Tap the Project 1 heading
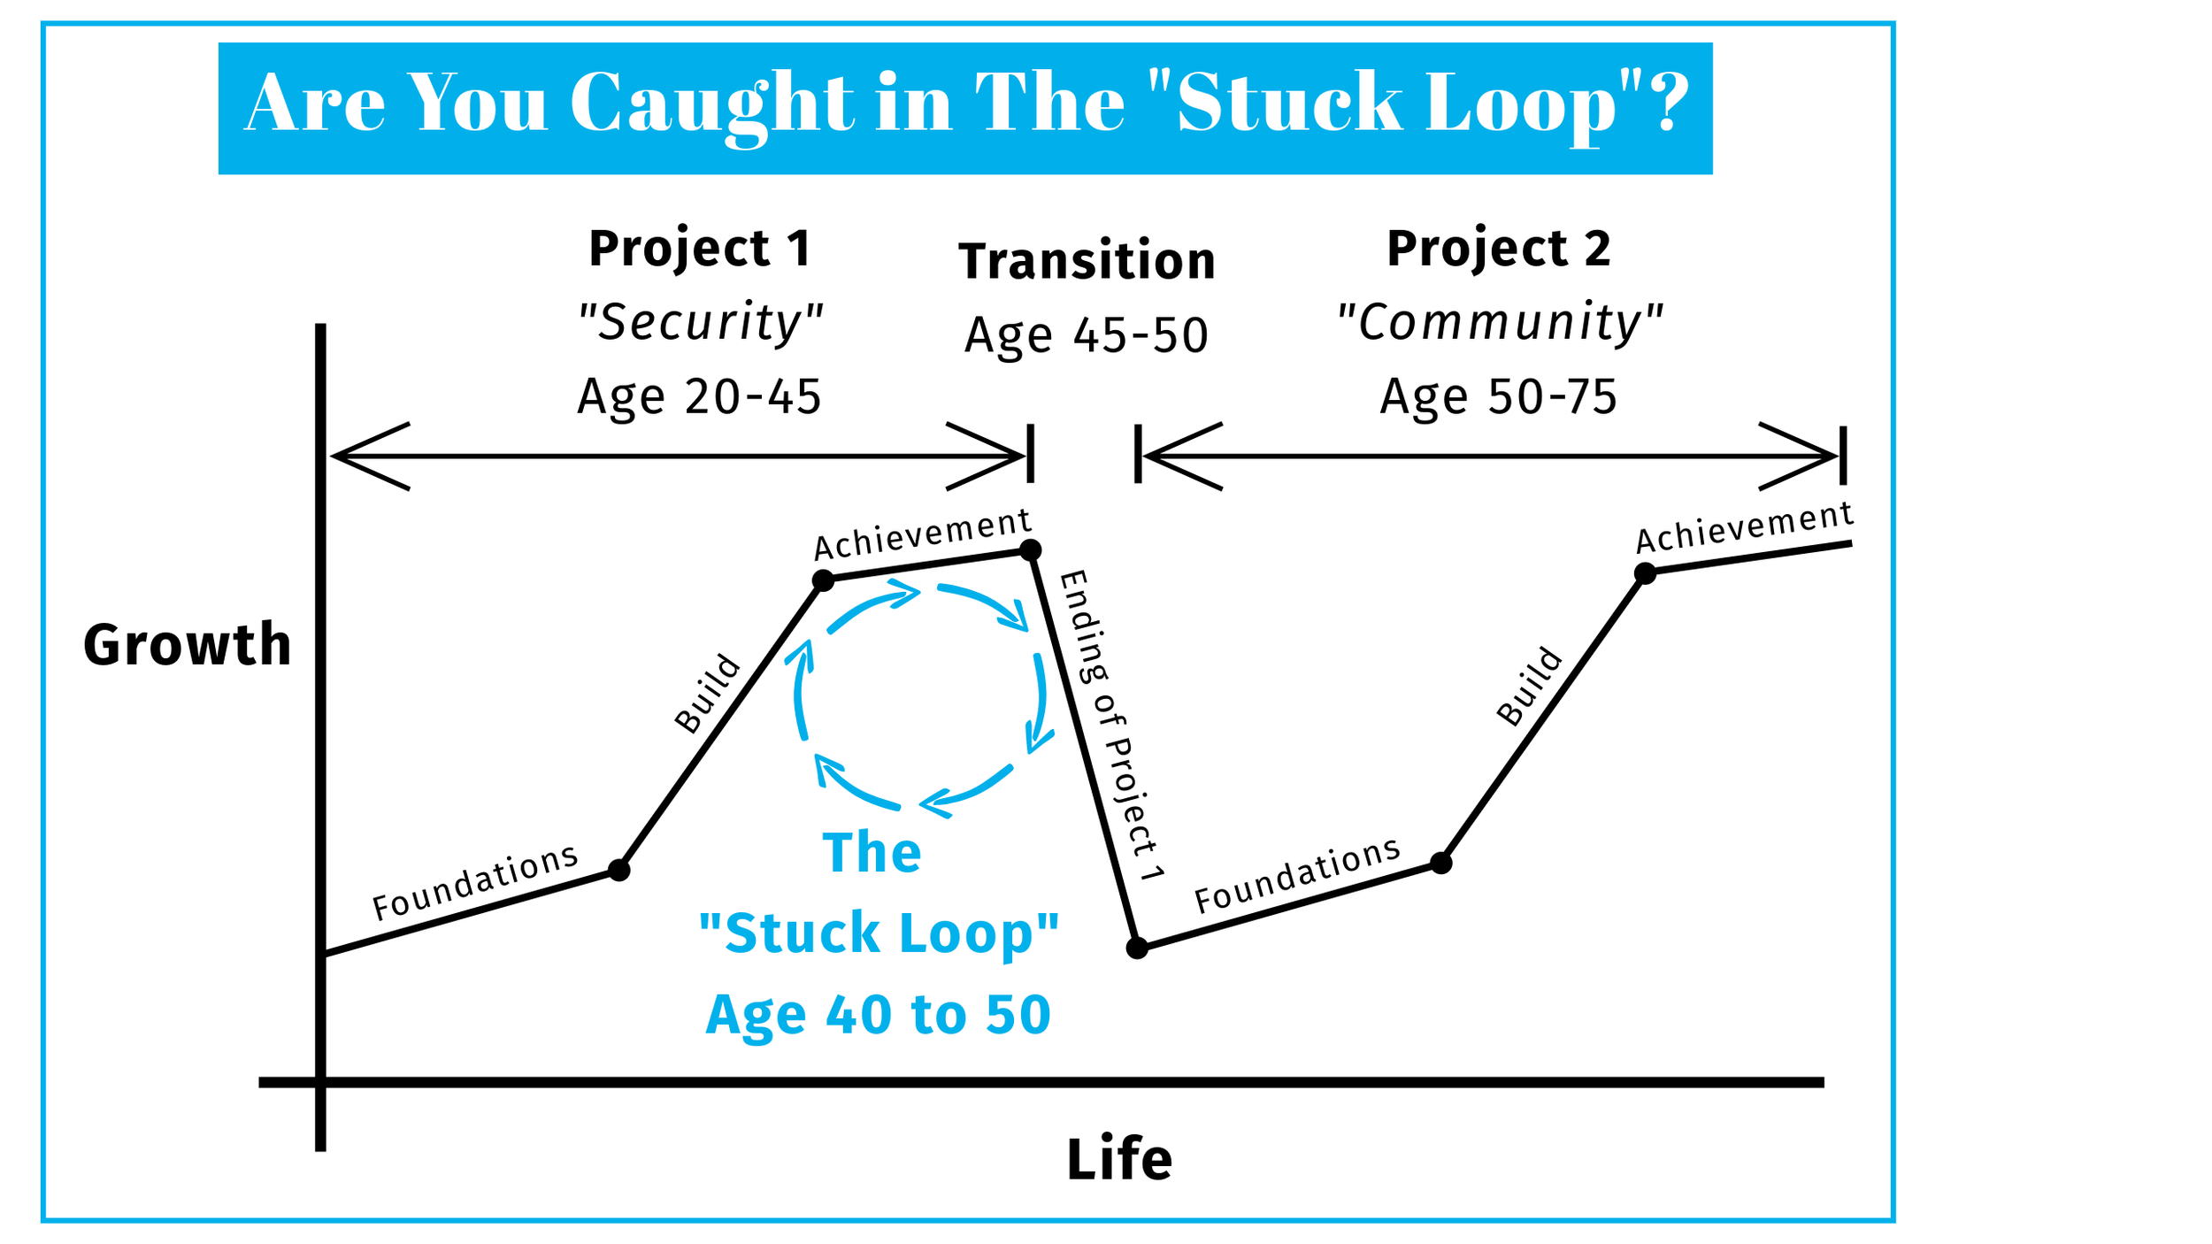click(700, 248)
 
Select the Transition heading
click(1087, 261)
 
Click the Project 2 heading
click(1499, 248)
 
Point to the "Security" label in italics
click(700, 321)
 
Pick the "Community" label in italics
click(1499, 321)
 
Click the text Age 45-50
click(1087, 335)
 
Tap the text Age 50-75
click(1499, 396)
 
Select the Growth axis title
click(187, 644)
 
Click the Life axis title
click(1119, 1159)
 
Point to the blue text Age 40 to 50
click(878, 1014)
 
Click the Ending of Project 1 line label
click(1111, 726)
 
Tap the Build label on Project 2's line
click(1529, 687)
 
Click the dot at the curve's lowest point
click(1137, 948)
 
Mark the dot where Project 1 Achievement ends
click(1030, 550)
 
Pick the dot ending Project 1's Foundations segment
click(619, 871)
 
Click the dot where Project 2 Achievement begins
click(1645, 573)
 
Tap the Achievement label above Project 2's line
click(1744, 527)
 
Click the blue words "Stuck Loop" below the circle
click(878, 933)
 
